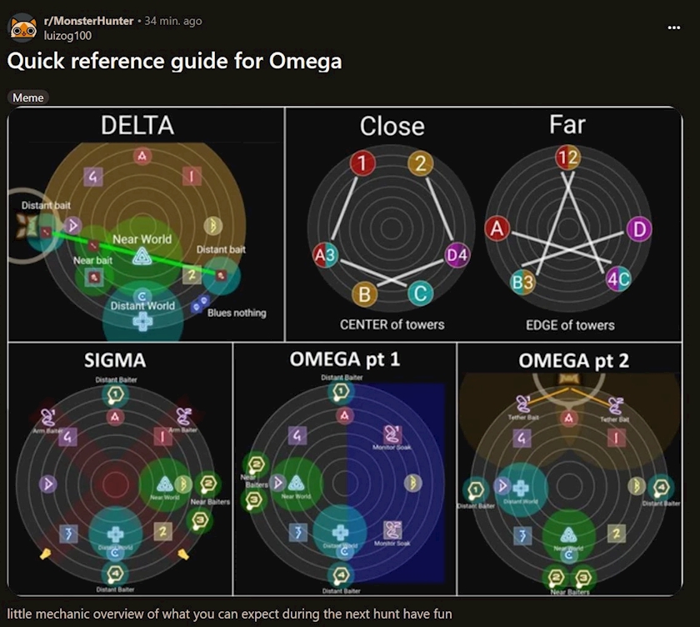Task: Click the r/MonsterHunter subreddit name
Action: pos(88,21)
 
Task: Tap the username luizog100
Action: pos(67,35)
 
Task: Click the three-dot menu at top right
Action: pos(674,28)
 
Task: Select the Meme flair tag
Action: pos(28,98)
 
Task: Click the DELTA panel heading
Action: pos(137,126)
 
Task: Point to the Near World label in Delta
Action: pos(142,239)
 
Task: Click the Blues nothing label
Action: pos(237,313)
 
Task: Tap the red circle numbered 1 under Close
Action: pos(362,163)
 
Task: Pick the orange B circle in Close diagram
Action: pos(364,293)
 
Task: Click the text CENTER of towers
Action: pos(392,324)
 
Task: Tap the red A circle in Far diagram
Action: pos(497,228)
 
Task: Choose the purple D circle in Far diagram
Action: pos(638,228)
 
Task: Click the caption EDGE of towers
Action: pos(570,324)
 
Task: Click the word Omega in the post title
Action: pos(305,62)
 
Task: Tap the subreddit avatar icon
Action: pos(22,28)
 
